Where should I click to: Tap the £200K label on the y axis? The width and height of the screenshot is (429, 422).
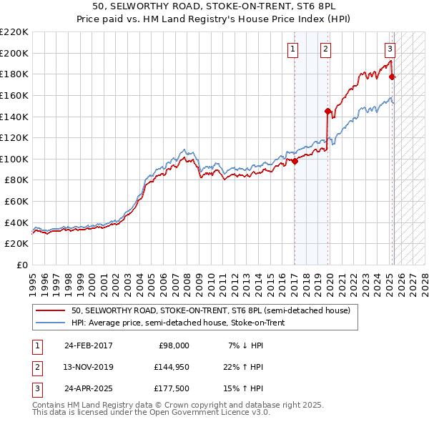[x=14, y=53]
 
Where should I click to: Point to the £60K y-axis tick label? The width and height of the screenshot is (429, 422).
[x=17, y=202]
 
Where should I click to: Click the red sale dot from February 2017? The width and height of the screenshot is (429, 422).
[x=295, y=161]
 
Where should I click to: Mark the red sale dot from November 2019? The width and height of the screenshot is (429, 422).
[x=327, y=111]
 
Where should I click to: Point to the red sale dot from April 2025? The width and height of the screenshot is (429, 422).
[x=393, y=77]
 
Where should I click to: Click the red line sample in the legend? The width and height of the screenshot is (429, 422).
[x=50, y=311]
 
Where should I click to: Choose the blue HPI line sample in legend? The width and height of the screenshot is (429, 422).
[x=50, y=323]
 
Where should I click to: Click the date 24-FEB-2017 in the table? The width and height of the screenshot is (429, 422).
[x=89, y=345]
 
